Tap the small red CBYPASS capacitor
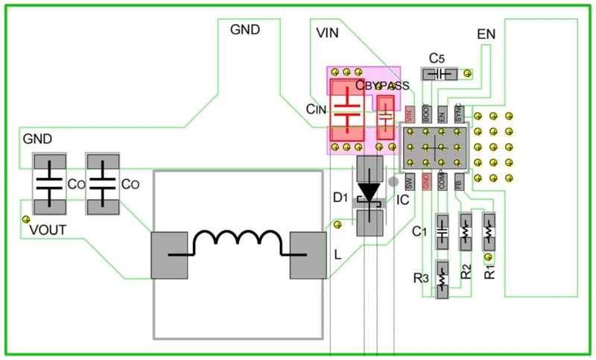(x=385, y=116)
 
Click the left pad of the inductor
(x=168, y=254)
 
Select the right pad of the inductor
(x=308, y=254)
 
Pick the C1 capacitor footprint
(x=441, y=232)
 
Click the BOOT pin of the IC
(x=426, y=113)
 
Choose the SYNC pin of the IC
(x=458, y=113)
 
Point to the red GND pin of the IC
(x=426, y=182)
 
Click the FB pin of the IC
(x=458, y=182)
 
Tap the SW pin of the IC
(x=410, y=182)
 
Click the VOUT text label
(x=48, y=231)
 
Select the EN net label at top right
(x=486, y=34)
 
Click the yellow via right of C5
(x=468, y=73)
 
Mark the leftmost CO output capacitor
(x=49, y=183)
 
